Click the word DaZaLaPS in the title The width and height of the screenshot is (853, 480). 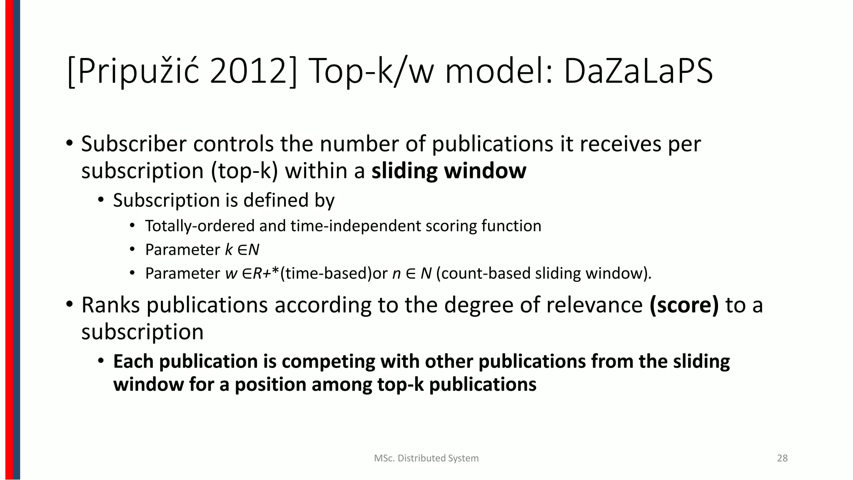click(x=638, y=72)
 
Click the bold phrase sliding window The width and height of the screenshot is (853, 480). click(x=449, y=171)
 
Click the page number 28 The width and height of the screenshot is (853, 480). click(x=782, y=458)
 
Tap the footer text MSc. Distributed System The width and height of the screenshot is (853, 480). click(x=426, y=458)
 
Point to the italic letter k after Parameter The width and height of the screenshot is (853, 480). click(x=229, y=250)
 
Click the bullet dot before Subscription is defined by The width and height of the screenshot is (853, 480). click(x=100, y=200)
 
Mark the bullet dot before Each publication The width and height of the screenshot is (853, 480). click(x=100, y=361)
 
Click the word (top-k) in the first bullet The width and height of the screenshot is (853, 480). click(x=244, y=171)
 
